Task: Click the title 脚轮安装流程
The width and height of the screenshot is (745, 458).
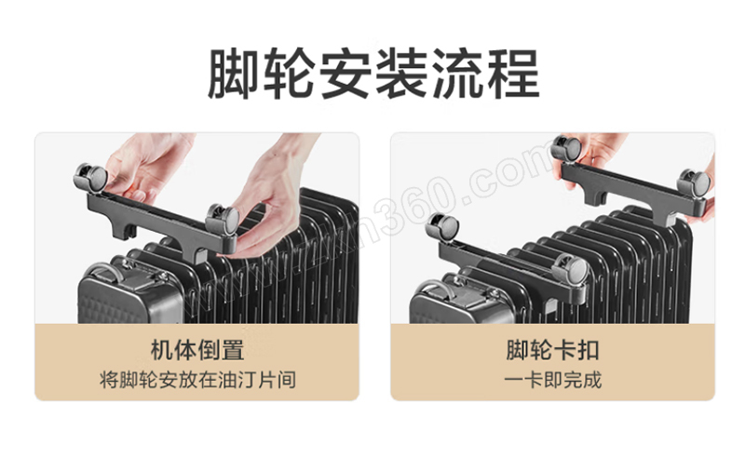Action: point(373,74)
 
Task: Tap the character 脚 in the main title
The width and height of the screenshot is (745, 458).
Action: point(235,74)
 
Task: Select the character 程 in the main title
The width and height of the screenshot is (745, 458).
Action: point(513,74)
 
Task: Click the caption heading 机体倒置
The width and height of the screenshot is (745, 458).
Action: point(197,350)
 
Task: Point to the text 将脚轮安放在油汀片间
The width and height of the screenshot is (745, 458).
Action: point(197,380)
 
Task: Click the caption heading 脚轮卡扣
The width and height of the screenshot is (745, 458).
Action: point(552,350)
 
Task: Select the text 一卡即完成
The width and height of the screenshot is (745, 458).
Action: point(552,380)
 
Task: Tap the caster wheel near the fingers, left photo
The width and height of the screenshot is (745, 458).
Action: point(223,220)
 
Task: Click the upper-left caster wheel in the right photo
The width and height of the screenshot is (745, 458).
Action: point(566,151)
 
